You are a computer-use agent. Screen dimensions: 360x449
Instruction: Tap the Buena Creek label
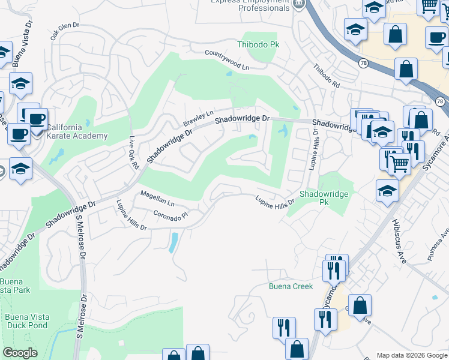(291, 286)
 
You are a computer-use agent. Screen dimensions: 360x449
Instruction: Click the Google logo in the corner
(20, 353)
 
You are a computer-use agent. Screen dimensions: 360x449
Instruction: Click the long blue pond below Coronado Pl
(173, 242)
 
